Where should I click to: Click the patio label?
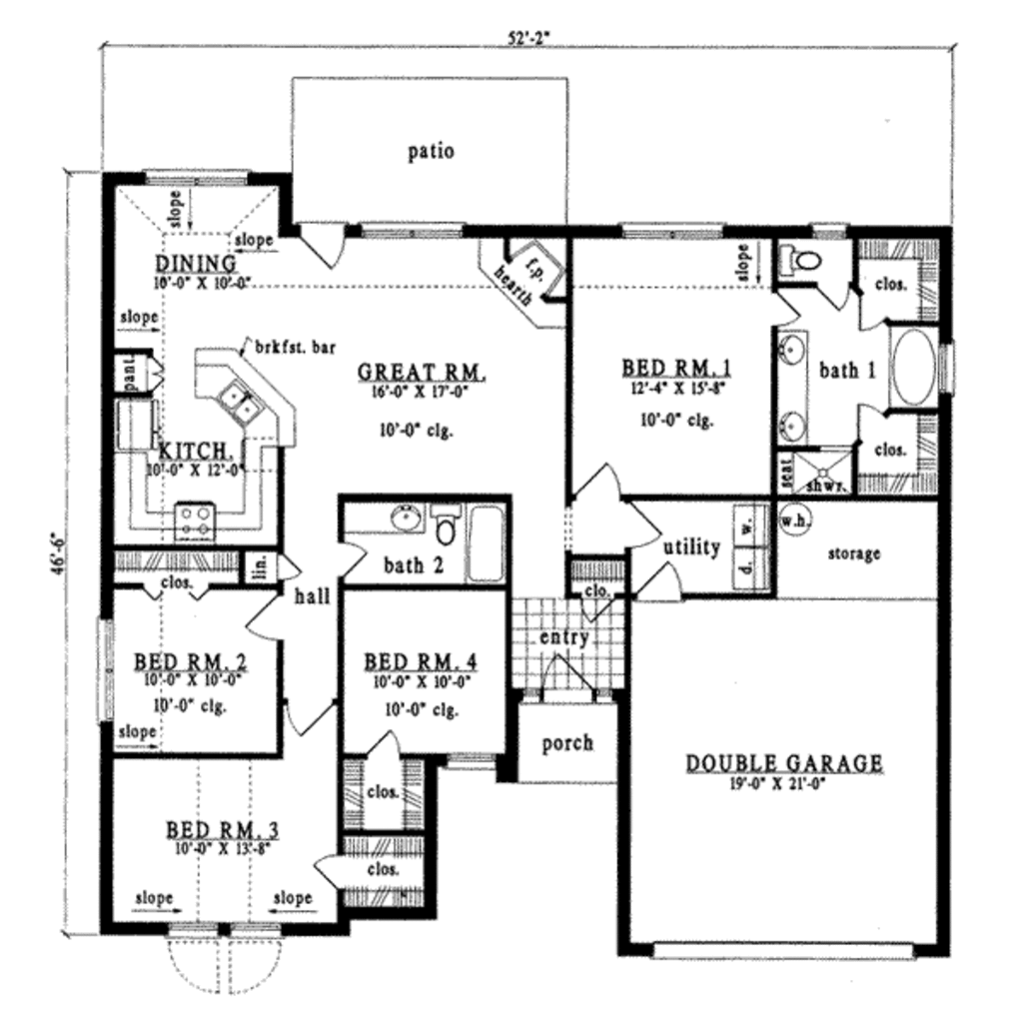point(431,152)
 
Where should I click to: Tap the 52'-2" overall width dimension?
point(529,37)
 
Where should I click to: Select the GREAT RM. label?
point(422,373)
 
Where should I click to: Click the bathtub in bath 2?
point(487,543)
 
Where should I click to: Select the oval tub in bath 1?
point(912,368)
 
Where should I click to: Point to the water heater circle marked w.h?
point(793,520)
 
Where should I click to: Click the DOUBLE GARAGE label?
point(783,764)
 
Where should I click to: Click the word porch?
point(566,743)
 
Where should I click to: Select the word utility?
point(690,546)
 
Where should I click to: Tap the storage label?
point(852,552)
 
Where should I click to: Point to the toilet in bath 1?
point(802,263)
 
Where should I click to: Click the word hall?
point(312,597)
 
